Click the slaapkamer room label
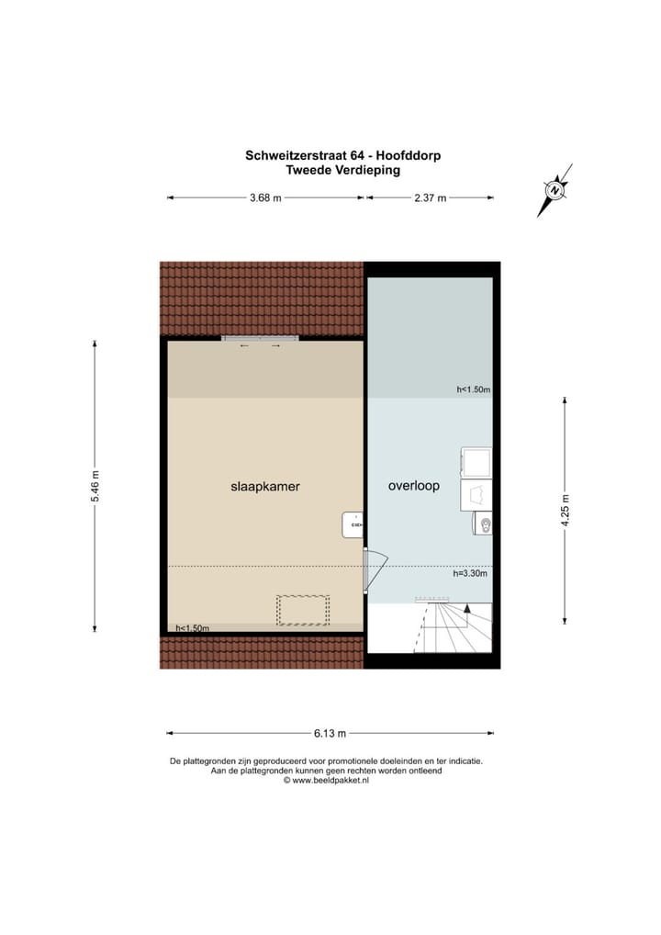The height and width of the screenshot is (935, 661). (265, 487)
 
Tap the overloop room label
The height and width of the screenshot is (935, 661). (414, 487)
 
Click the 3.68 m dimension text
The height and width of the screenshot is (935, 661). (265, 197)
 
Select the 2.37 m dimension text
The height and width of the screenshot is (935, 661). (430, 197)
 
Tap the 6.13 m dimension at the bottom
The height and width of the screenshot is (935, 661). (330, 733)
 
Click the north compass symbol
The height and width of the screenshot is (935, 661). (555, 190)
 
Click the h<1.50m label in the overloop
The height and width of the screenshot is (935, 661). (474, 389)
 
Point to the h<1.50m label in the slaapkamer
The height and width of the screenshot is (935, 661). (193, 628)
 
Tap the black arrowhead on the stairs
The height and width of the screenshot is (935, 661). (466, 607)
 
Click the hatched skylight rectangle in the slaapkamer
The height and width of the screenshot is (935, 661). (303, 610)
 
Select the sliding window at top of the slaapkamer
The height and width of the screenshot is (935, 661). (260, 339)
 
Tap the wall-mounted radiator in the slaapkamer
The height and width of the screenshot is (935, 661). (353, 524)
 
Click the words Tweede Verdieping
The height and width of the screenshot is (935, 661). (342, 170)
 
